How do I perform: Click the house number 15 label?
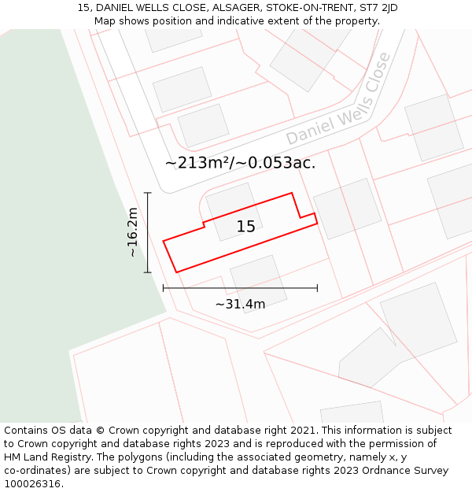pyautogui.click(x=245, y=227)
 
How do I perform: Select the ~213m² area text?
pyautogui.click(x=197, y=163)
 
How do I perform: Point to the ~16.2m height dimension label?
pyautogui.click(x=133, y=232)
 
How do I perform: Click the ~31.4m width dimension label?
pyautogui.click(x=240, y=304)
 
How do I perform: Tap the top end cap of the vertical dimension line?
pyautogui.click(x=147, y=193)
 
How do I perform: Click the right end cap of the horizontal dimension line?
pyautogui.click(x=317, y=288)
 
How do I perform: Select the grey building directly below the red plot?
pyautogui.click(x=258, y=283)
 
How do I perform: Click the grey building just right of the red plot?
pyautogui.click(x=347, y=209)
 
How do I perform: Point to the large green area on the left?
pyautogui.click(x=47, y=236)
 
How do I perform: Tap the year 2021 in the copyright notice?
pyautogui.click(x=303, y=431)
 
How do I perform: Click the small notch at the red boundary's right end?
pyautogui.click(x=308, y=216)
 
